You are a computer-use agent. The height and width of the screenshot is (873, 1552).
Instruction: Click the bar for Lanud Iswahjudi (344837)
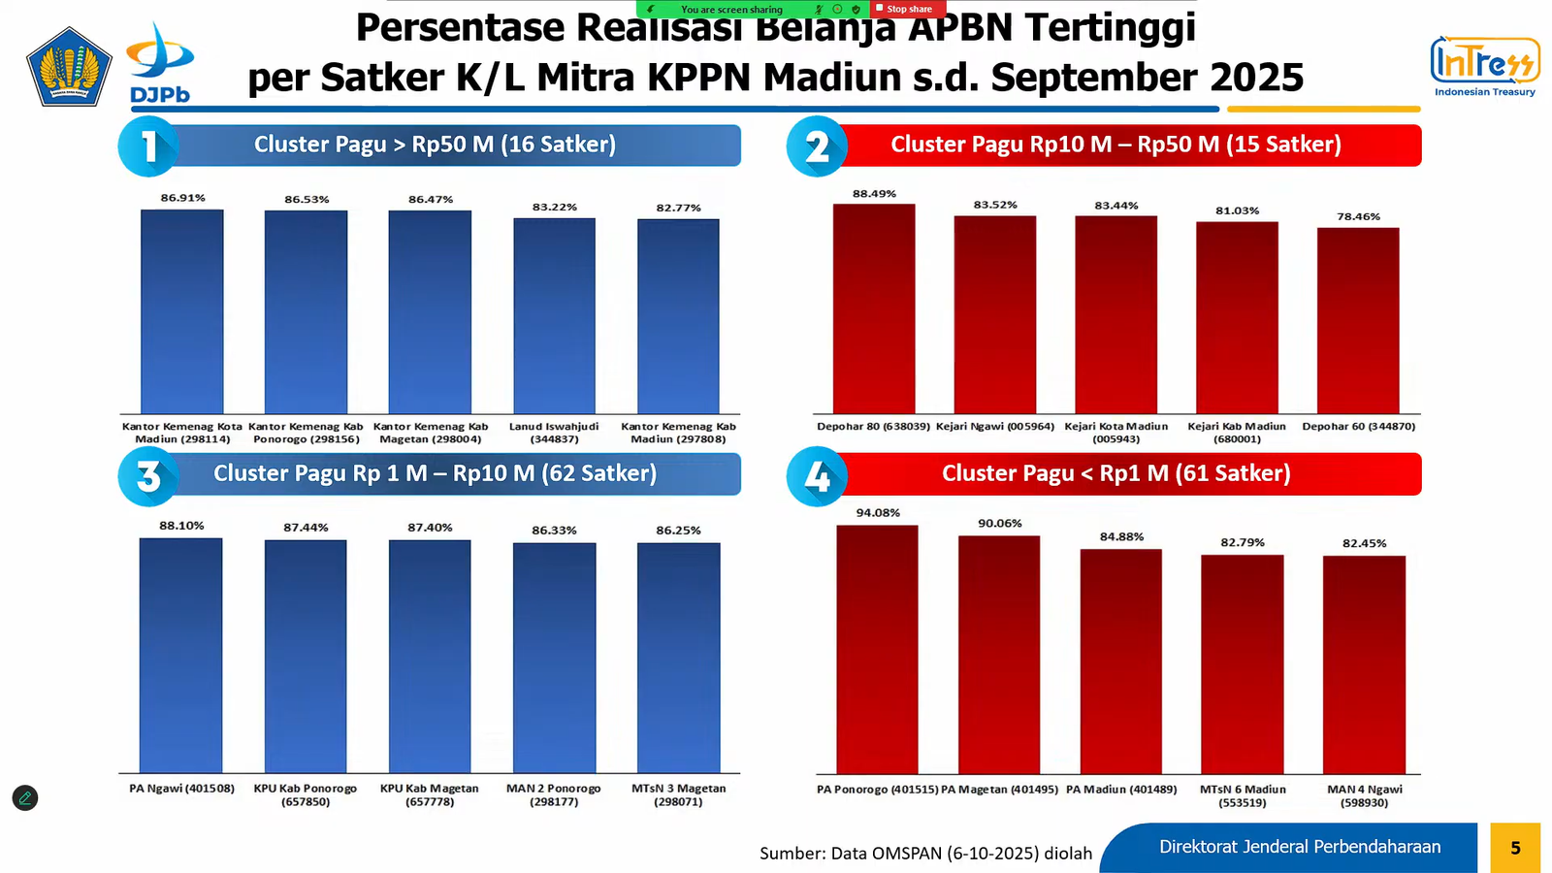pos(554,316)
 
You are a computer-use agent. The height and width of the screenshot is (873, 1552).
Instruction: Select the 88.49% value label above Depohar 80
pos(874,194)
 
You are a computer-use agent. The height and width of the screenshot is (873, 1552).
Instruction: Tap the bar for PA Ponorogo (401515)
pos(877,649)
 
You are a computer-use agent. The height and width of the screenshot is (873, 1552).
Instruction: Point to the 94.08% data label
pos(878,513)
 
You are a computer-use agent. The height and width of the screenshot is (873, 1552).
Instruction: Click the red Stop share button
pos(907,9)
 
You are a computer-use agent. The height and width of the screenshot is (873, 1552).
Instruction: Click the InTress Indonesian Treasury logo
pos(1484,66)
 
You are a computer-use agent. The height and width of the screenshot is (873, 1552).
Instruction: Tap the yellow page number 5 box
pos(1515,848)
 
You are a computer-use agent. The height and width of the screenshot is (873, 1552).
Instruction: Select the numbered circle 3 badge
pos(148,475)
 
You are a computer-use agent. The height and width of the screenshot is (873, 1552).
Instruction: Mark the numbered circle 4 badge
pos(817,475)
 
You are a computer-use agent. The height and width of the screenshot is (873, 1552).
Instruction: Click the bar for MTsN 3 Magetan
pos(678,657)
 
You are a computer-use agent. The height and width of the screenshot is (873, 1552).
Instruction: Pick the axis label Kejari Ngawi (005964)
pos(995,427)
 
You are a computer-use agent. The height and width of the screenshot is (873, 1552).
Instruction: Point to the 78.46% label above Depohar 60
pos(1358,217)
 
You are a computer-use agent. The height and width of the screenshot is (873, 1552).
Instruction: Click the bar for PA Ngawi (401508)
pos(180,655)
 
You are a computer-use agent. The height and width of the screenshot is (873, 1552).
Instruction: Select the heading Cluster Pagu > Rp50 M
pos(435,145)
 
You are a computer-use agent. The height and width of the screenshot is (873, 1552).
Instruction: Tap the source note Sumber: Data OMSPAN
pos(925,854)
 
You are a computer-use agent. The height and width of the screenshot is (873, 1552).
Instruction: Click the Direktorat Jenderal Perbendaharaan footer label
pos(1300,847)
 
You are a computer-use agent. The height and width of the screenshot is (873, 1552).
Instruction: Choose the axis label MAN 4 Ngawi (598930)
pos(1364,795)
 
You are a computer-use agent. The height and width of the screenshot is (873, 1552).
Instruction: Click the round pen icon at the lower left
pos(25,798)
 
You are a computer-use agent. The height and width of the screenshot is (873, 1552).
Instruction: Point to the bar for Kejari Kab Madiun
pos(1237,318)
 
